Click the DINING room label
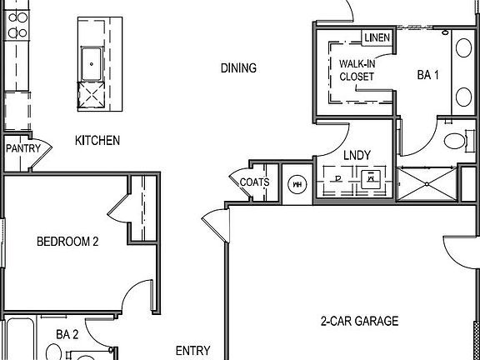tap(238, 68)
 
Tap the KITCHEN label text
tap(97, 141)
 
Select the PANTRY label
tap(22, 148)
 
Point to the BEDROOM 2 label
tap(67, 242)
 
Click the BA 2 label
tap(67, 335)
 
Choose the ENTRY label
tap(192, 351)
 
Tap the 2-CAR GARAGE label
tap(359, 321)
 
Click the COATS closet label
tap(255, 182)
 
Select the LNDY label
tap(357, 154)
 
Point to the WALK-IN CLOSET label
tap(357, 70)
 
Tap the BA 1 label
tap(428, 75)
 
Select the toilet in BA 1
tap(455, 140)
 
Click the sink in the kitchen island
tap(91, 60)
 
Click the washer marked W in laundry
tap(369, 177)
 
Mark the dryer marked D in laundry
tap(337, 177)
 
